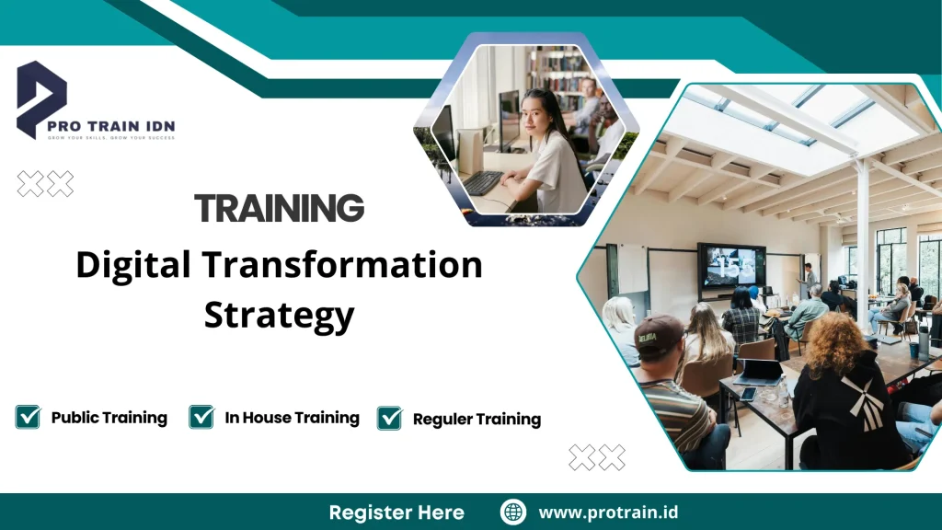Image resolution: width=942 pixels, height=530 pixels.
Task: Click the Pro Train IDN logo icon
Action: pyautogui.click(x=41, y=99)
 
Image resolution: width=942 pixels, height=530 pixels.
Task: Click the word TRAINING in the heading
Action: pyautogui.click(x=279, y=208)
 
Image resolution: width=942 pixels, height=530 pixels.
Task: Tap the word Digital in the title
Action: pyautogui.click(x=132, y=266)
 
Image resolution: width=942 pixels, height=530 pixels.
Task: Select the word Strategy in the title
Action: pyautogui.click(x=279, y=315)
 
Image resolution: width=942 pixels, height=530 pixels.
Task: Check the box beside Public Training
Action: pyautogui.click(x=28, y=417)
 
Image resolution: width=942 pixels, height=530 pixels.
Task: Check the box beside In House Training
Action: pyautogui.click(x=201, y=417)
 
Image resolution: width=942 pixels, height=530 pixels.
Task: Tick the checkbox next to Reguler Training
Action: pyautogui.click(x=390, y=419)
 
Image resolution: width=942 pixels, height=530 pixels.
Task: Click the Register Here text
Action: pyautogui.click(x=396, y=513)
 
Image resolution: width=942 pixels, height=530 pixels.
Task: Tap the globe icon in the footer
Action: pyautogui.click(x=512, y=513)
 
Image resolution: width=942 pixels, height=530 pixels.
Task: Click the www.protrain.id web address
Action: pyautogui.click(x=608, y=513)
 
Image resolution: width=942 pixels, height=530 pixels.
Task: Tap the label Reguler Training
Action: pyautogui.click(x=477, y=420)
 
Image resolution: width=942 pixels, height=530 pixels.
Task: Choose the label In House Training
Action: pyautogui.click(x=292, y=418)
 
